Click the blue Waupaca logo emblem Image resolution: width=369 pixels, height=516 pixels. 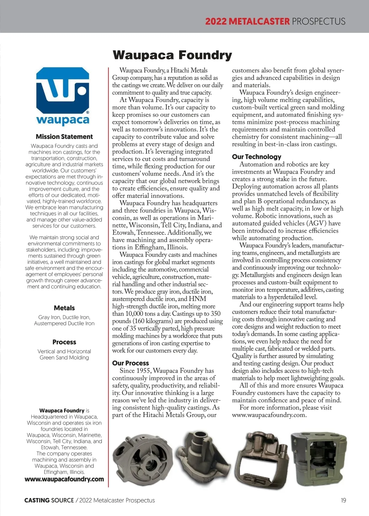(x=63, y=90)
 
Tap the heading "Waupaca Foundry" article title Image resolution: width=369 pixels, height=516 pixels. (x=172, y=55)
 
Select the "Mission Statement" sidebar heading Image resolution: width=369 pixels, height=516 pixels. (x=64, y=137)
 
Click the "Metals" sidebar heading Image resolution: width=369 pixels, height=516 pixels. (x=64, y=308)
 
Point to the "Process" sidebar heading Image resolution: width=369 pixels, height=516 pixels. (x=64, y=342)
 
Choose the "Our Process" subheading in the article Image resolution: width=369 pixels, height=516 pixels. (x=130, y=363)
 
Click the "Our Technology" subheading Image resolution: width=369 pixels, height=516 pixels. (x=256, y=157)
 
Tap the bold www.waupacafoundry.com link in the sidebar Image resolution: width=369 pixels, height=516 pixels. (x=64, y=479)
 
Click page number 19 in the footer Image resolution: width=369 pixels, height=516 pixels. (x=343, y=500)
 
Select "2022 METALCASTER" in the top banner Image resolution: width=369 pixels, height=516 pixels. (x=247, y=21)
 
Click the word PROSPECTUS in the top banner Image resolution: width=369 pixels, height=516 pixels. (x=319, y=21)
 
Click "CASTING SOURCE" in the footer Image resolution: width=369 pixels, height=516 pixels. (x=49, y=500)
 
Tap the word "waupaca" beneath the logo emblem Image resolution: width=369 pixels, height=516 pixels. (x=63, y=120)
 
